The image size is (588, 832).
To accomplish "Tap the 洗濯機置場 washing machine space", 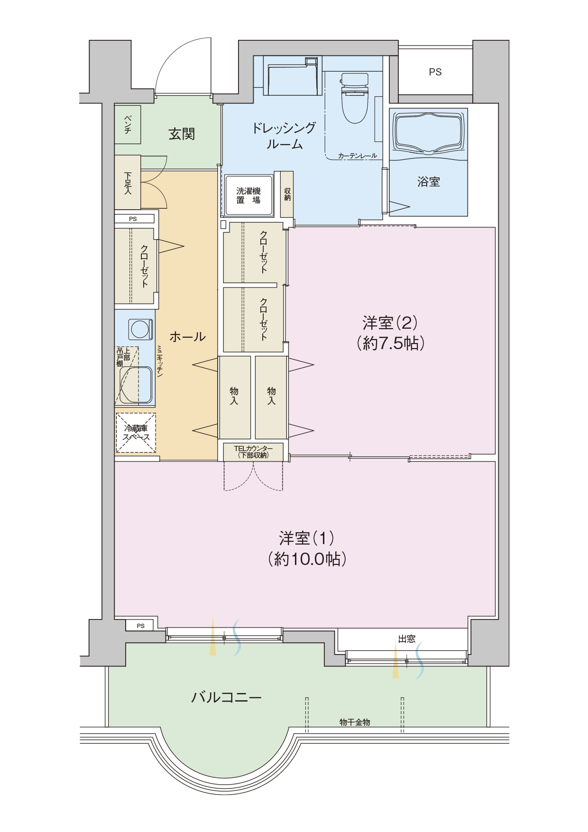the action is click(x=249, y=195).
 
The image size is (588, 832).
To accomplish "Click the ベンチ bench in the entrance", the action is click(x=128, y=124).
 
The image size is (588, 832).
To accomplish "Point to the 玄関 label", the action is click(x=182, y=134).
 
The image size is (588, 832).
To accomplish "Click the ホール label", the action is click(x=187, y=337).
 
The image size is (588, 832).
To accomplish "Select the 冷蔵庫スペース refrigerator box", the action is click(x=136, y=432).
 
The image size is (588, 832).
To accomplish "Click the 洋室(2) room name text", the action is click(x=390, y=323).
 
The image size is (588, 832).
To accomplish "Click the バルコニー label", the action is click(x=226, y=697).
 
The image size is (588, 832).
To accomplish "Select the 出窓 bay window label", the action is click(x=407, y=639).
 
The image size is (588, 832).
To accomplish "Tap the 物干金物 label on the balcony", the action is click(x=355, y=722).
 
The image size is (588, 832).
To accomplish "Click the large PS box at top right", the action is click(x=435, y=72).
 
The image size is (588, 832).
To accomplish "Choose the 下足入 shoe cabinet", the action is click(x=128, y=182).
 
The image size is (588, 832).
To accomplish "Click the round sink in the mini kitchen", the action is click(x=141, y=329).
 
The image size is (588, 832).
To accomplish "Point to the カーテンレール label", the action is click(x=358, y=156).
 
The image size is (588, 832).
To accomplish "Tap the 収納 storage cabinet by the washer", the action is click(x=287, y=194).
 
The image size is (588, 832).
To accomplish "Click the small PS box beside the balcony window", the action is click(x=140, y=626).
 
